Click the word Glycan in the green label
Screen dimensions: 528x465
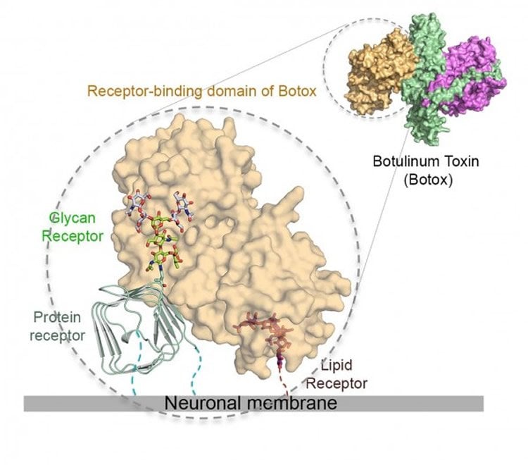pos(73,218)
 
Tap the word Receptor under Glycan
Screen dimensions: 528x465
pos(73,236)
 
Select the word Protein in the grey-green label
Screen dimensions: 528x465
pos(57,318)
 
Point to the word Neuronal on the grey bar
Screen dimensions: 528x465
pos(202,403)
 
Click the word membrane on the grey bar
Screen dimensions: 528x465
pos(292,403)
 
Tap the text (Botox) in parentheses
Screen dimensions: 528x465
pos(428,180)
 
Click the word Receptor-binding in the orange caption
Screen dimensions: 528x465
pos(145,92)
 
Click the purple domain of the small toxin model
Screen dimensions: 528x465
pos(472,77)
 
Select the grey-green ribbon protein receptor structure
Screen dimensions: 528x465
pos(138,328)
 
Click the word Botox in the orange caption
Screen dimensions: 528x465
pos(298,91)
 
